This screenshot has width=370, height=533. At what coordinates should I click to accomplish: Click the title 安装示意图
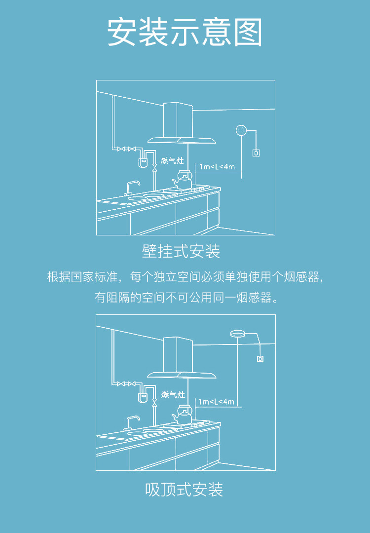click(185, 33)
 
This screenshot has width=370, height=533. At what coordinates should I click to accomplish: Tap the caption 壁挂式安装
click(181, 251)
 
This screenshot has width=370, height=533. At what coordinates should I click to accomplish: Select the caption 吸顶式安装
click(185, 489)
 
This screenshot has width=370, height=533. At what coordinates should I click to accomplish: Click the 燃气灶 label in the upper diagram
click(173, 161)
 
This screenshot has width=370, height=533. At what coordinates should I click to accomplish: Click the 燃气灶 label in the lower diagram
click(173, 394)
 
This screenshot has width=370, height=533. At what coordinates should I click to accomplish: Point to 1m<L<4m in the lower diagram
click(216, 402)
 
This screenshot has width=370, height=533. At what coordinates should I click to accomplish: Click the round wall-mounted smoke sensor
click(241, 130)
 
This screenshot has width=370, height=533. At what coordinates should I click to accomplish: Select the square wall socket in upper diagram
click(256, 152)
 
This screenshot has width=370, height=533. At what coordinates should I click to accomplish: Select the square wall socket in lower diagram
click(260, 359)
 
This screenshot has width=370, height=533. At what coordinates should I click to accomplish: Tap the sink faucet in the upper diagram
click(131, 187)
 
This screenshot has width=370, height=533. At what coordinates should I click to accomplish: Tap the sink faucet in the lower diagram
click(131, 422)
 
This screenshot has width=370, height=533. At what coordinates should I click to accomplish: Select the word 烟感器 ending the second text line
click(258, 298)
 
